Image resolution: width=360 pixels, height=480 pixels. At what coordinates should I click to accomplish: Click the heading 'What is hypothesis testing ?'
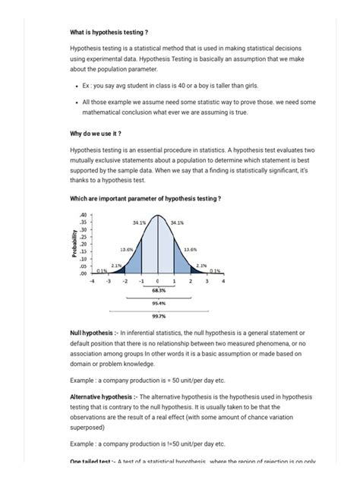pyautogui.click(x=109, y=32)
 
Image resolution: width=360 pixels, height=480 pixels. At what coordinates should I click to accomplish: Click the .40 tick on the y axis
pyautogui.click(x=84, y=214)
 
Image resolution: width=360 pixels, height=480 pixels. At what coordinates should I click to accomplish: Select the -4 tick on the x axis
pyautogui.click(x=91, y=281)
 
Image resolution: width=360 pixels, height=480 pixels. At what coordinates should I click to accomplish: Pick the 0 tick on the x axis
pyautogui.click(x=157, y=281)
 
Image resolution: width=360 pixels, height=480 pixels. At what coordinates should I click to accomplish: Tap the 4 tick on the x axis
pyautogui.click(x=223, y=281)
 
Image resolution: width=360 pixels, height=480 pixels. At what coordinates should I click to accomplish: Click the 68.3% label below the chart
pyautogui.click(x=157, y=290)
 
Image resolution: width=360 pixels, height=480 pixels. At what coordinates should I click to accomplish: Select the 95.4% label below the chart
pyautogui.click(x=157, y=302)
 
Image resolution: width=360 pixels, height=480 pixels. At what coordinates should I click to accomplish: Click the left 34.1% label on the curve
pyautogui.click(x=139, y=223)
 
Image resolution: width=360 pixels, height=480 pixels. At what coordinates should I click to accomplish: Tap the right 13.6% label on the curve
pyautogui.click(x=190, y=248)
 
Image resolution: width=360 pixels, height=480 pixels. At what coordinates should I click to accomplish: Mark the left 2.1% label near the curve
pyautogui.click(x=116, y=265)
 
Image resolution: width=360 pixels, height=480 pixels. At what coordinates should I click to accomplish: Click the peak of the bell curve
pyautogui.click(x=157, y=216)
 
